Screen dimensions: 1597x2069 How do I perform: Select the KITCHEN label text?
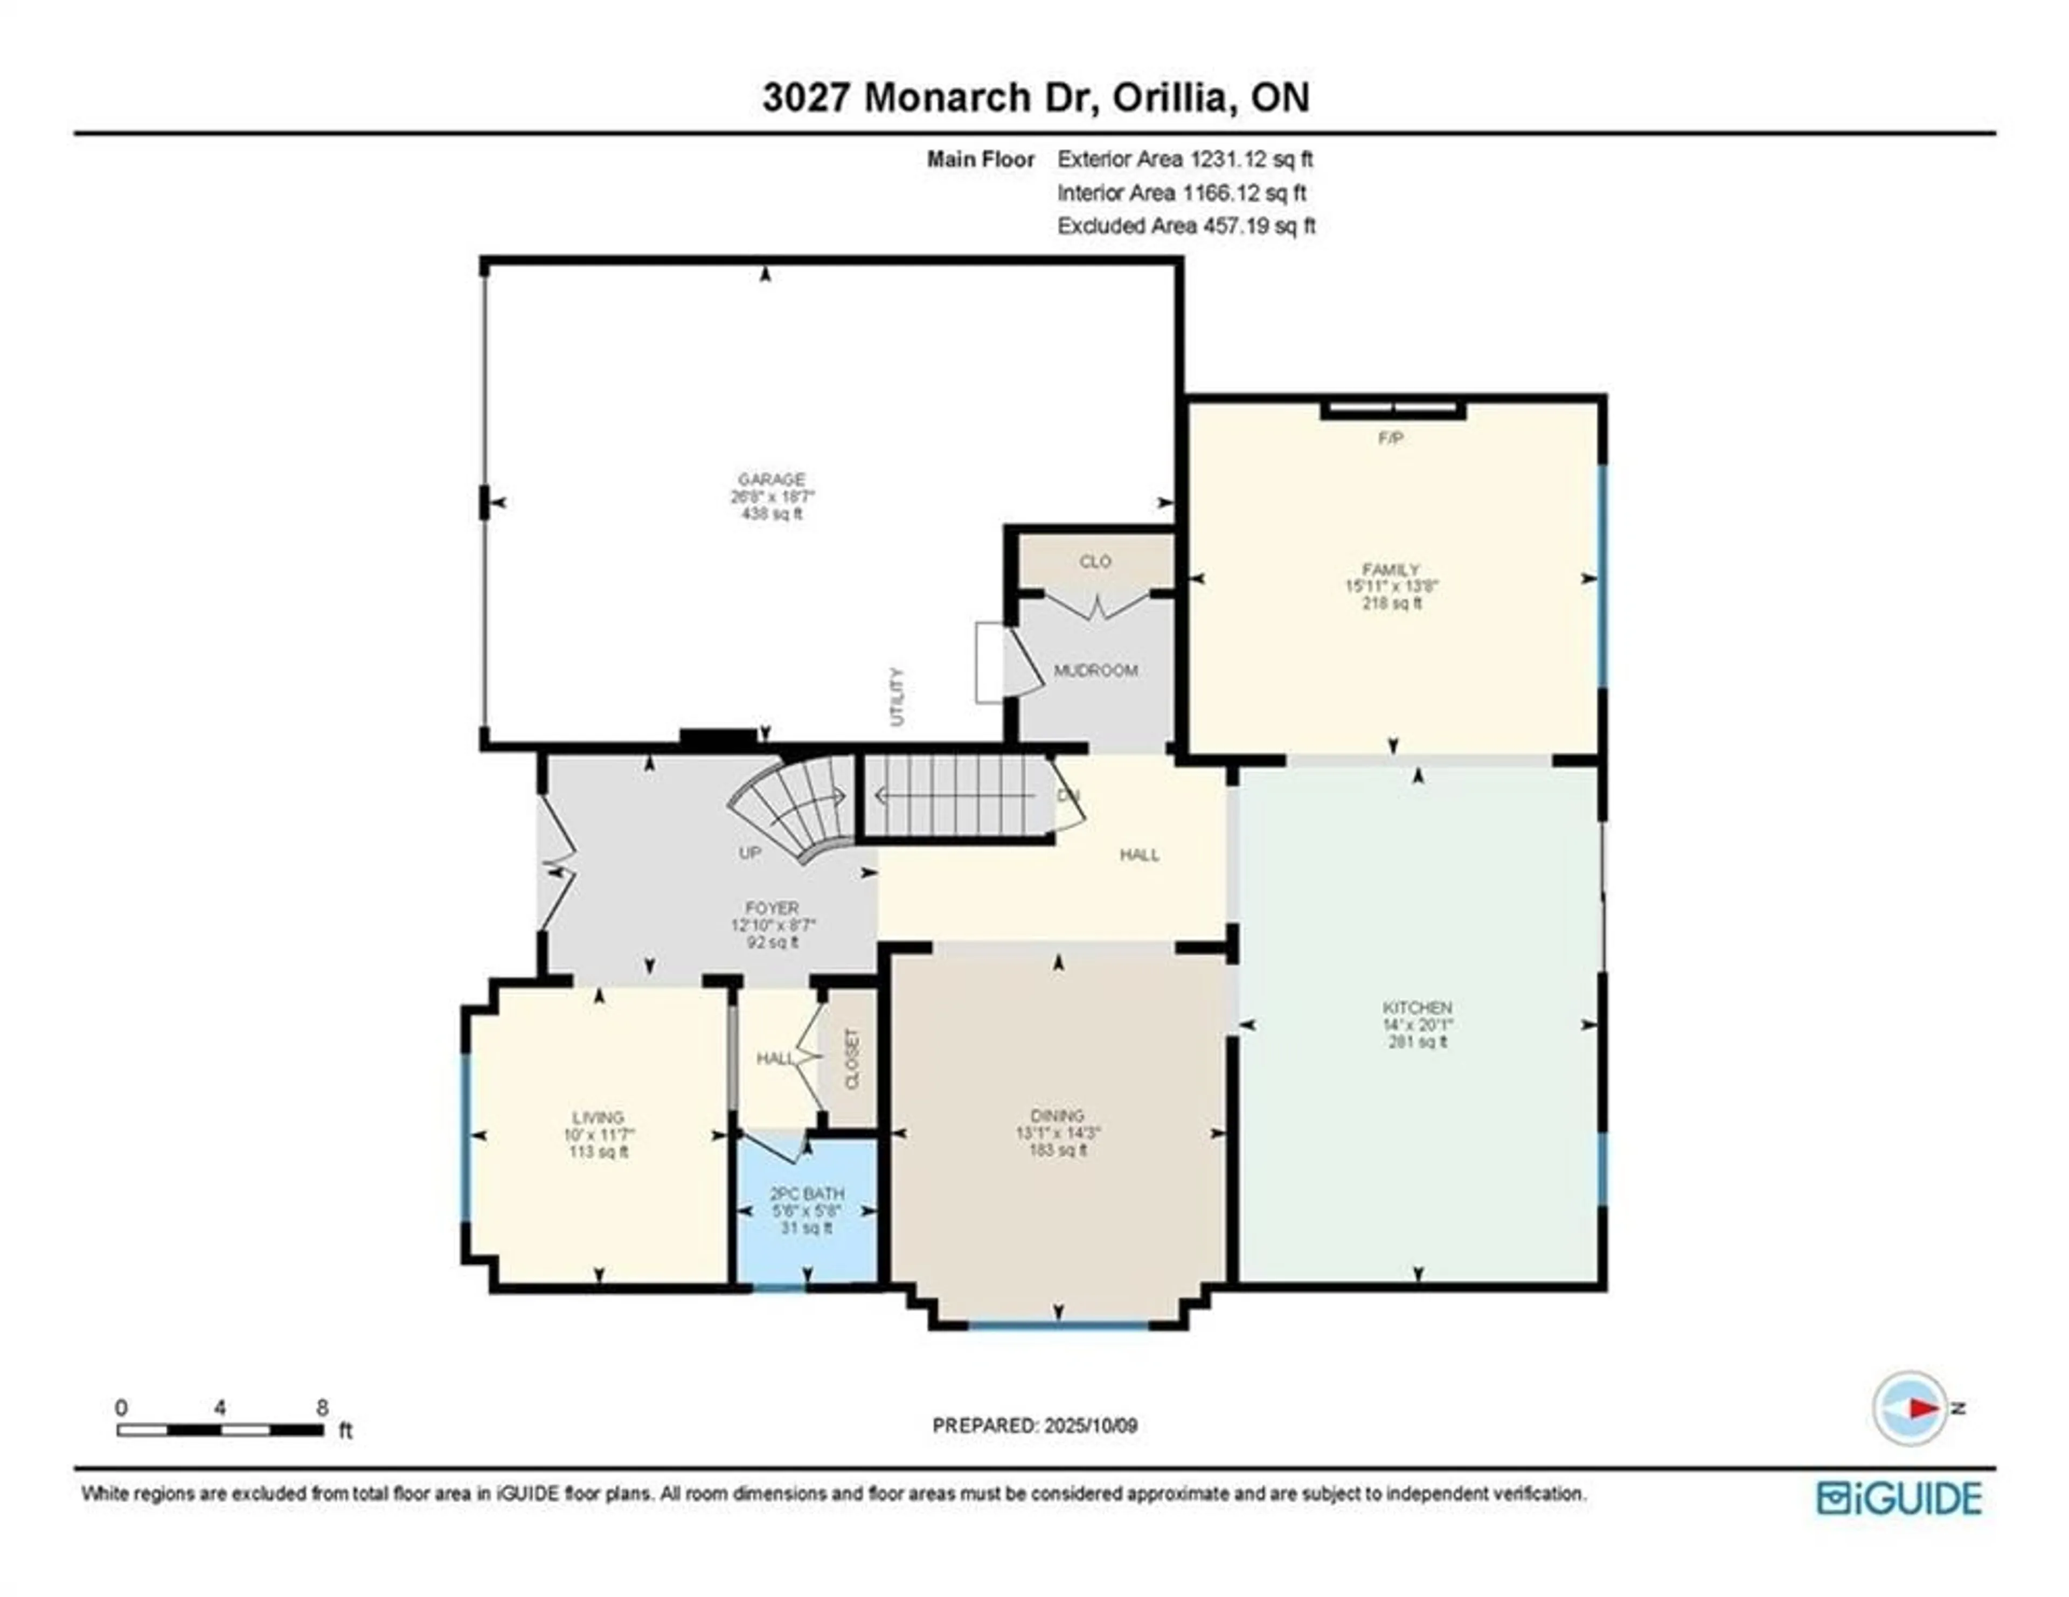(x=1417, y=1007)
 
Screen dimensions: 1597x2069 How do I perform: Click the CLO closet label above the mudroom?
(x=1095, y=561)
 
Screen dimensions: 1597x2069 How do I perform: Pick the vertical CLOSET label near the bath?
(x=851, y=1059)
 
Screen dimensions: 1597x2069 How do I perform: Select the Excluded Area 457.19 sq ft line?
(x=1186, y=225)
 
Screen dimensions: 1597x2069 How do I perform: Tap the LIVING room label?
(x=598, y=1117)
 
